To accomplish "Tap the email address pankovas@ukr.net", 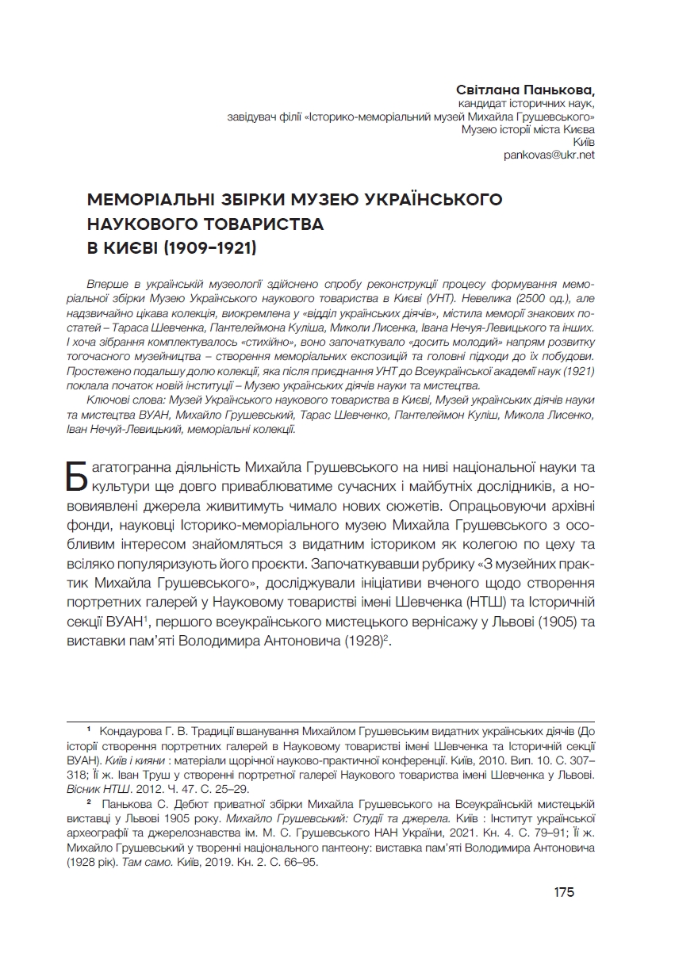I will (x=549, y=155).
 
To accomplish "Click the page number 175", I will (x=564, y=892).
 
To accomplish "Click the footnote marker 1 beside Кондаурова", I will (x=90, y=727).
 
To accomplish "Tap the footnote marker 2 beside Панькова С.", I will (x=90, y=802).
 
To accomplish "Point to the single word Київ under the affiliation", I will (x=583, y=141).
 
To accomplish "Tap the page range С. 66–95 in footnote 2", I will (x=290, y=864).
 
